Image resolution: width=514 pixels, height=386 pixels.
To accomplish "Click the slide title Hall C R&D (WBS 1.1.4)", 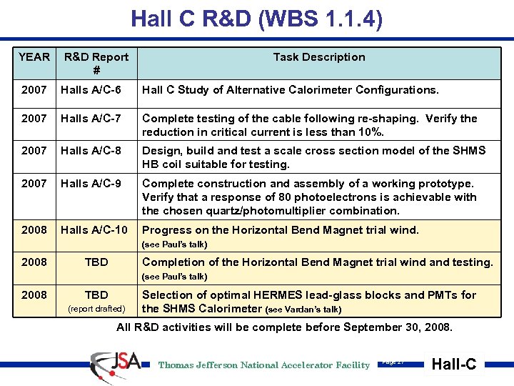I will click(257, 18).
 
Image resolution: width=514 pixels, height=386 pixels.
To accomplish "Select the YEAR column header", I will click(34, 57).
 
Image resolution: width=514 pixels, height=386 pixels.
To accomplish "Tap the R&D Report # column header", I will click(96, 63).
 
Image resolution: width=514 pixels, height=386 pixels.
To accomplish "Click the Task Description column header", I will click(319, 57).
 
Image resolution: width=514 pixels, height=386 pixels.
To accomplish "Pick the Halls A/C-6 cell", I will click(91, 90).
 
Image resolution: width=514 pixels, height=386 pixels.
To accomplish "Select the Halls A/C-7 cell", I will click(91, 119).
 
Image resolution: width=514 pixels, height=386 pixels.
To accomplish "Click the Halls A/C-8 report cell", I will click(91, 151).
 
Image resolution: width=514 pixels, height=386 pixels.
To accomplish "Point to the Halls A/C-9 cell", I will click(91, 184).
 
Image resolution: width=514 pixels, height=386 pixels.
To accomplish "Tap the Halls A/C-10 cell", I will click(94, 230).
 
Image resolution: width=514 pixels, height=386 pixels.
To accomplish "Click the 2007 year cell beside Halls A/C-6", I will click(34, 90).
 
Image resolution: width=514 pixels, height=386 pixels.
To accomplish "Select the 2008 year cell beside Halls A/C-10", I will click(34, 230).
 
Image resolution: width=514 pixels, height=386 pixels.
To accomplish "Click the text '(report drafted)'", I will click(96, 310).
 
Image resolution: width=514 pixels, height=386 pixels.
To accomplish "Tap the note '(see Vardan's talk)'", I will click(303, 310).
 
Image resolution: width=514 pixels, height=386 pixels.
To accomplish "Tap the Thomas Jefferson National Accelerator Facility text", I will click(264, 365).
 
